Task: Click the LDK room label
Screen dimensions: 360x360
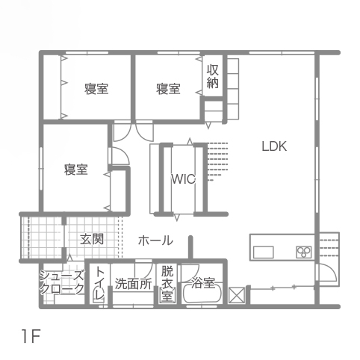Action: (274, 146)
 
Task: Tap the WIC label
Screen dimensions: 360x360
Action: (184, 179)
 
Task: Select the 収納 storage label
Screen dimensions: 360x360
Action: (213, 76)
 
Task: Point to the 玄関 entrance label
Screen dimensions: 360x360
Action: (92, 239)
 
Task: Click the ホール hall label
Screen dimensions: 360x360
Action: (155, 240)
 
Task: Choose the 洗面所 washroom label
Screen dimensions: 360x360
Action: (134, 284)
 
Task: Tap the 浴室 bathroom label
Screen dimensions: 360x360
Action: (203, 283)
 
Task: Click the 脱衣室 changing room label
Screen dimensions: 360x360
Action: (167, 284)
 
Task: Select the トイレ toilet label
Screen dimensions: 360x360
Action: (99, 283)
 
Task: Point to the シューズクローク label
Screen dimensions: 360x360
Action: (62, 282)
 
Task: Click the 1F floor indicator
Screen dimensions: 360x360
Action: (31, 336)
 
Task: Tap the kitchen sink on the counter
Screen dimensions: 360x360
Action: (264, 252)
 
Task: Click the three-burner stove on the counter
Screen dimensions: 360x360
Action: (304, 252)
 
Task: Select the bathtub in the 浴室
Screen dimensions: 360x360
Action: (202, 294)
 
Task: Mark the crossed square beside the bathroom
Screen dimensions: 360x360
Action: (235, 296)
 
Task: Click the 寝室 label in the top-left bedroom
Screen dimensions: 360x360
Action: (96, 89)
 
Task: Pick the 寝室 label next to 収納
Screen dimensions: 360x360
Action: (168, 89)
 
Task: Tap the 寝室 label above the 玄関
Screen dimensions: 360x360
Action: (76, 170)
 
